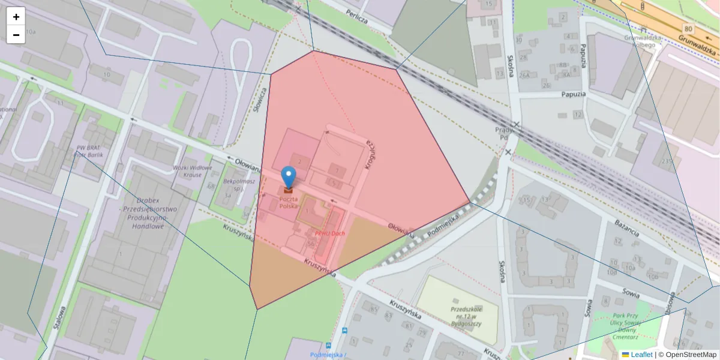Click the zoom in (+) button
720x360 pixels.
[x=16, y=17]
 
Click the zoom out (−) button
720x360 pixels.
[x=16, y=35]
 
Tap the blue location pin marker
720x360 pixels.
[x=289, y=178]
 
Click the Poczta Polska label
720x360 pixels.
[x=288, y=202]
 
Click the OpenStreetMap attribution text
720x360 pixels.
[x=691, y=355]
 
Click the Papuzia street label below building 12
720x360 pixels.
[x=574, y=94]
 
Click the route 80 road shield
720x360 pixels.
[x=688, y=28]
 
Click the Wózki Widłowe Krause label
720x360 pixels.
[x=193, y=171]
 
